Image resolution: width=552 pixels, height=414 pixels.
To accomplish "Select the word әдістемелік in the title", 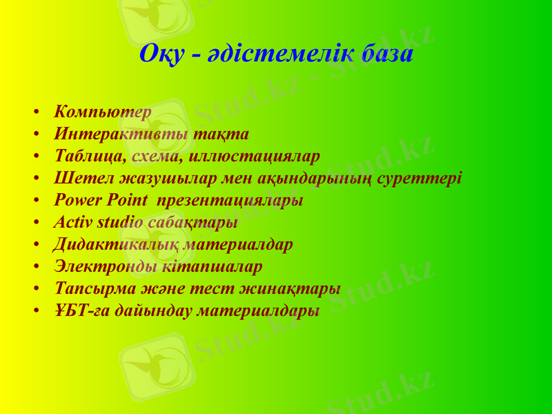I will [275, 54].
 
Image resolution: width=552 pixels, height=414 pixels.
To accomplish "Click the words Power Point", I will [101, 200].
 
